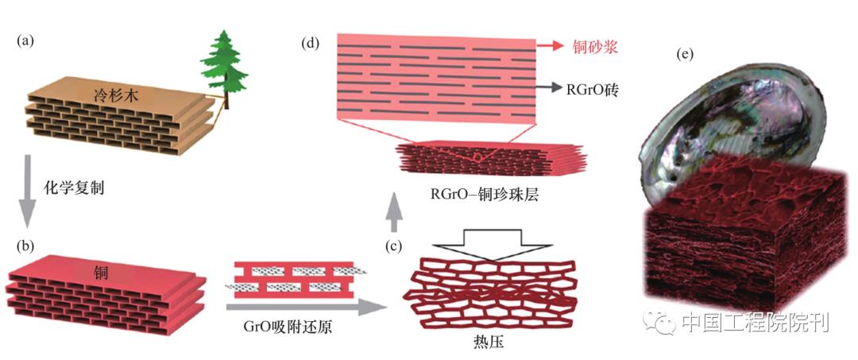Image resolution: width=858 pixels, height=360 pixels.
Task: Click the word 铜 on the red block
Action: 102,274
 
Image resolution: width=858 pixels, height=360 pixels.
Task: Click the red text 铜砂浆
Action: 595,47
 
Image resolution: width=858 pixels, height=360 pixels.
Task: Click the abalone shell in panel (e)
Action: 715,111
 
